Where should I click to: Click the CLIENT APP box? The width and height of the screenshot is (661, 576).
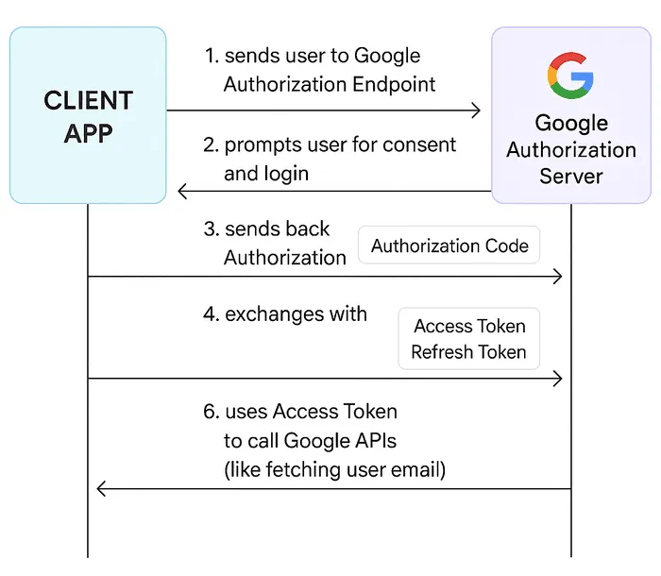tap(88, 115)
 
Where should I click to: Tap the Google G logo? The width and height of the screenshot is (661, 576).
tap(570, 76)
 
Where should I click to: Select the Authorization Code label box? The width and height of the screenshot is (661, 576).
tap(449, 246)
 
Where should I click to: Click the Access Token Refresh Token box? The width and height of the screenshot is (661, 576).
tap(469, 339)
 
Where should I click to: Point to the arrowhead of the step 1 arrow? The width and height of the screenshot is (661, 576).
tap(475, 111)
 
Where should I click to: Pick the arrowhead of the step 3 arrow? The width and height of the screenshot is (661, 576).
tap(557, 277)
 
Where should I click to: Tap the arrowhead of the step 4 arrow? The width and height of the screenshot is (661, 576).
tap(557, 379)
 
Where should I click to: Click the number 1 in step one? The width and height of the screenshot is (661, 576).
tap(210, 57)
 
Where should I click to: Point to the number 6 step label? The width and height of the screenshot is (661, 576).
tap(210, 413)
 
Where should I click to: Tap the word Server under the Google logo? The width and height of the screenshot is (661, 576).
tap(571, 177)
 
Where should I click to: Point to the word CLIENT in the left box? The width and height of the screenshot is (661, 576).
tap(88, 101)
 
